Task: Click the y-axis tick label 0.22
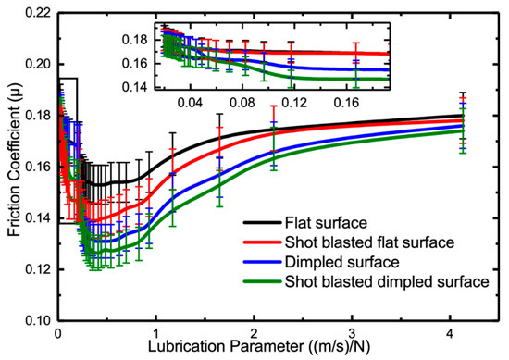38,13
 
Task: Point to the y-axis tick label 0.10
38,321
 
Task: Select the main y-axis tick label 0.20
38,65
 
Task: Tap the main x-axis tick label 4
450,334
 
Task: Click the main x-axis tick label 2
254,334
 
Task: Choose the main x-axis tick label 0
58,334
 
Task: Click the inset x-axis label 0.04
190,103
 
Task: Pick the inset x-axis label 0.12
294,103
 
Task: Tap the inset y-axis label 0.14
135,87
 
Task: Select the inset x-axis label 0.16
347,103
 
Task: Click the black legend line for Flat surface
262,223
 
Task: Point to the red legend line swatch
262,242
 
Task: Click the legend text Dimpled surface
341,262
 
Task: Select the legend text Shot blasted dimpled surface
387,281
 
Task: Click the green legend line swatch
262,281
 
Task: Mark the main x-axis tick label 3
353,334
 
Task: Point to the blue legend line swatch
262,262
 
